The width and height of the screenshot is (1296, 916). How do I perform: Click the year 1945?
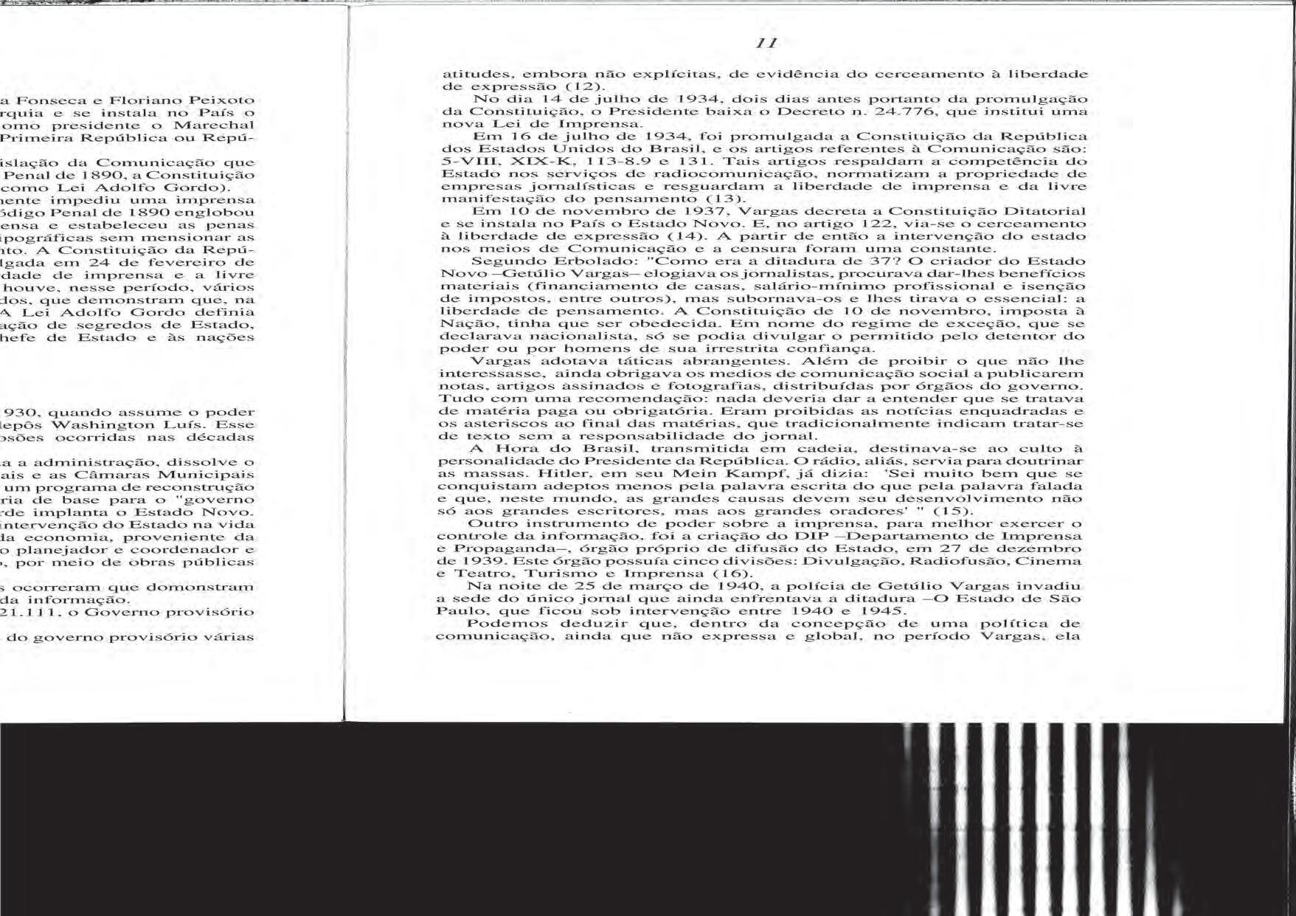(x=883, y=611)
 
